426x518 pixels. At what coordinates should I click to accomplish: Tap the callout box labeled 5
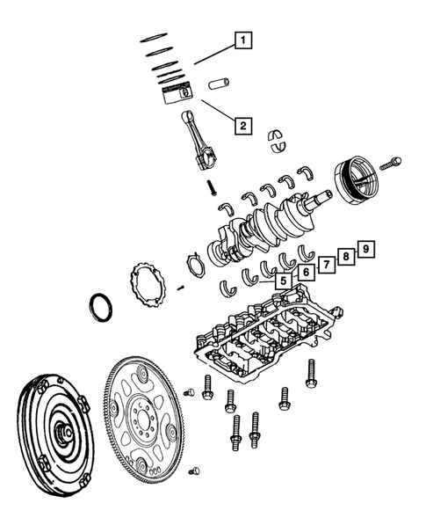[283, 281]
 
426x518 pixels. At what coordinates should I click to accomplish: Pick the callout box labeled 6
[304, 273]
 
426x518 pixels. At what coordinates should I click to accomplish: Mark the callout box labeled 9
[366, 248]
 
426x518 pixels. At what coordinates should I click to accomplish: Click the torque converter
[55, 430]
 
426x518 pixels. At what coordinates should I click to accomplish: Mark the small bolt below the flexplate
[195, 471]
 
